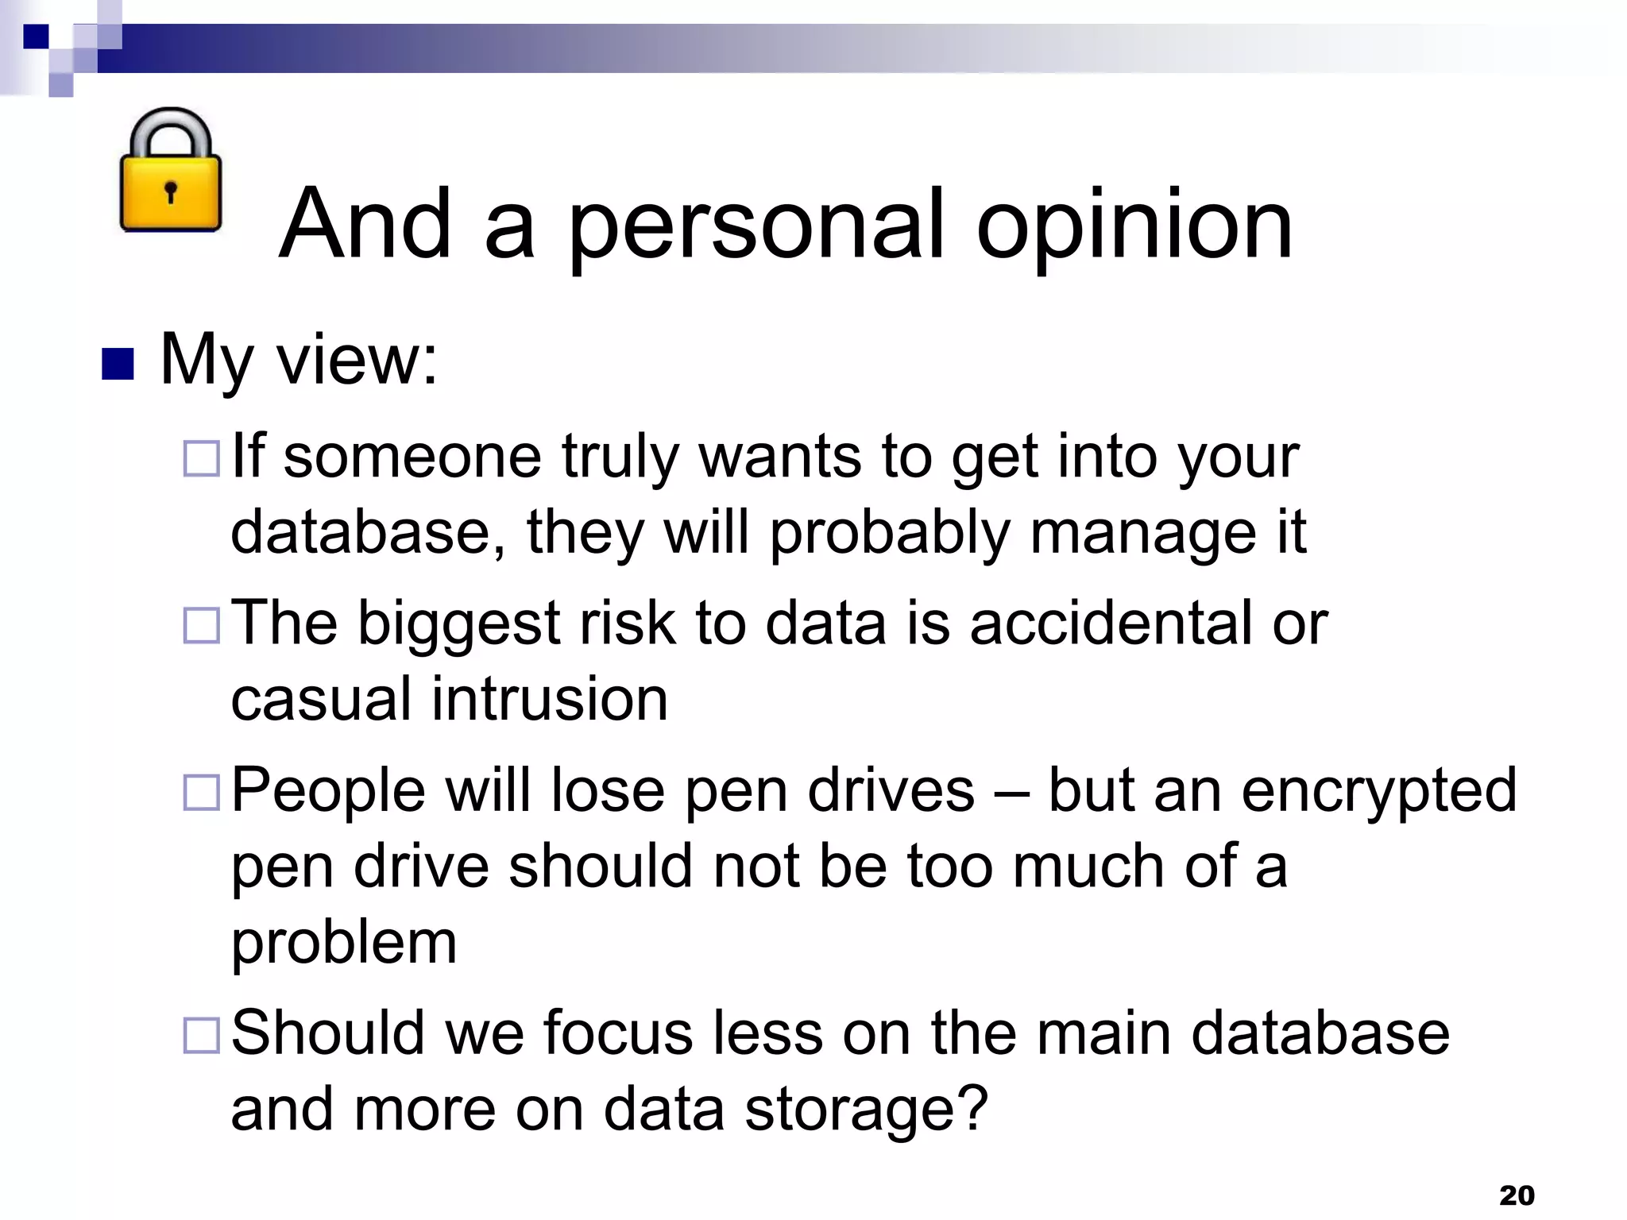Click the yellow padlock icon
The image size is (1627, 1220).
[170, 172]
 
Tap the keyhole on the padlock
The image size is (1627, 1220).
[170, 191]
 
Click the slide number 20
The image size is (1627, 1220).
[1517, 1195]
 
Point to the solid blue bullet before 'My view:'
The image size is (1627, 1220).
[118, 364]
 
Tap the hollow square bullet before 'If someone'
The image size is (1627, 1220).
[201, 458]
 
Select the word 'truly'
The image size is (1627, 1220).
[620, 458]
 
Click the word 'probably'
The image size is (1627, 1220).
[889, 532]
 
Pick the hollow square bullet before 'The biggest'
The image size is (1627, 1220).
[201, 625]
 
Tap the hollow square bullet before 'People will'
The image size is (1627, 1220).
[201, 792]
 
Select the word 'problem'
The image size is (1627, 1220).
[344, 943]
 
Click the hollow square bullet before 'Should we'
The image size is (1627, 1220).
[201, 1035]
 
